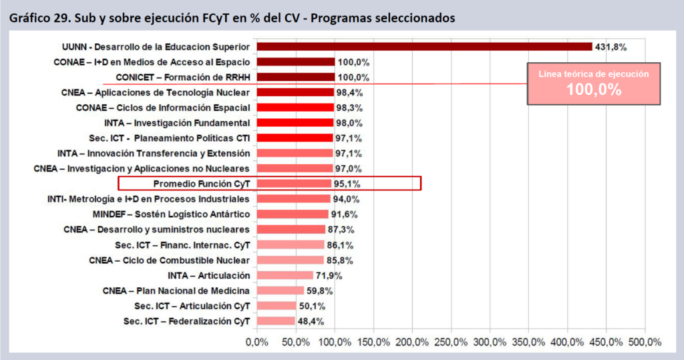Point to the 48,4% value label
coord(311,321)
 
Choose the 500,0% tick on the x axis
coord(645,342)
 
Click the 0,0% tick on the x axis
coord(257,342)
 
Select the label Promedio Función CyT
coord(201,184)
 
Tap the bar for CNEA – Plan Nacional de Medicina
coord(280,291)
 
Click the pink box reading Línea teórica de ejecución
coord(594,84)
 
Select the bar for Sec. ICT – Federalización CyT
coord(275,321)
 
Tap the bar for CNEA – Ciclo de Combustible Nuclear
coord(290,260)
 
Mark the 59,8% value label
coord(319,291)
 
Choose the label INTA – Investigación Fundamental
coord(177,123)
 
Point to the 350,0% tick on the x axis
coord(528,342)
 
